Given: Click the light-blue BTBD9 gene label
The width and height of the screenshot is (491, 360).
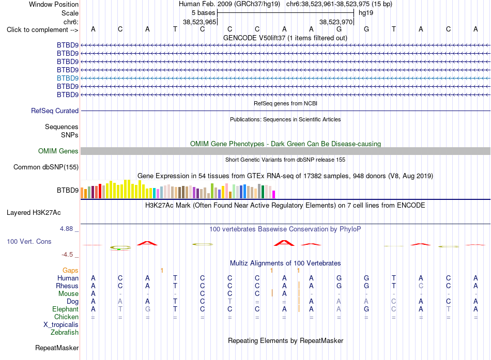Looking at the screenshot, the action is point(68,78).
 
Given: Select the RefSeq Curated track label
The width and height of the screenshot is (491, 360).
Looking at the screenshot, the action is point(55,111).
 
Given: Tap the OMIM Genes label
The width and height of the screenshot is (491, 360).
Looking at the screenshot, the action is point(58,151).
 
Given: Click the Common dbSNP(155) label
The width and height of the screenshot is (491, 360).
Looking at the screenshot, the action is point(46,167).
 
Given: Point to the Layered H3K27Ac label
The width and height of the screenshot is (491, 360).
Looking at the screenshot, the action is point(34,213).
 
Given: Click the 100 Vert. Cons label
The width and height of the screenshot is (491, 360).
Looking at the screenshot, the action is point(29,241).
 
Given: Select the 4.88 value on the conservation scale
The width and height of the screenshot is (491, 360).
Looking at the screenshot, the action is point(66,229).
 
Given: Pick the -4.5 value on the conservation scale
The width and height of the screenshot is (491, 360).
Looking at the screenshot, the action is point(67,255).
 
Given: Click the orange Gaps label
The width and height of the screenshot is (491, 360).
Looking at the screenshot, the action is point(70,270).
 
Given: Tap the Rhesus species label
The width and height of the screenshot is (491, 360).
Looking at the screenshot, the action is point(67,286).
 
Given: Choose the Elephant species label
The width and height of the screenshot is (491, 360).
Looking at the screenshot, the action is point(66,309).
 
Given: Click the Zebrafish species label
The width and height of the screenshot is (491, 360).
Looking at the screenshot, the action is point(65,332).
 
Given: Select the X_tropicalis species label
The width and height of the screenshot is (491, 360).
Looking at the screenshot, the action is point(61,325).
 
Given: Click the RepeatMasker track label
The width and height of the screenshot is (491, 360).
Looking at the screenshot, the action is point(57,348).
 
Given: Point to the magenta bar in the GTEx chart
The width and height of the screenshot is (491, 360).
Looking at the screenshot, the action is point(274,194).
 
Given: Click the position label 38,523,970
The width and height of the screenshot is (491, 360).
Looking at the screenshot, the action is point(335,22).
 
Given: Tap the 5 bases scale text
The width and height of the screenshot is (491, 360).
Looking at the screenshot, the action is point(204,13).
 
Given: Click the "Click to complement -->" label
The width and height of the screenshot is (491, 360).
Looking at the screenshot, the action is point(42,30).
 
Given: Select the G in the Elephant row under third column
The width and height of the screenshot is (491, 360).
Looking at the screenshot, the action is point(147,309).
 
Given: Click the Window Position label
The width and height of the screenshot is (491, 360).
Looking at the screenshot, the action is point(54,4).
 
